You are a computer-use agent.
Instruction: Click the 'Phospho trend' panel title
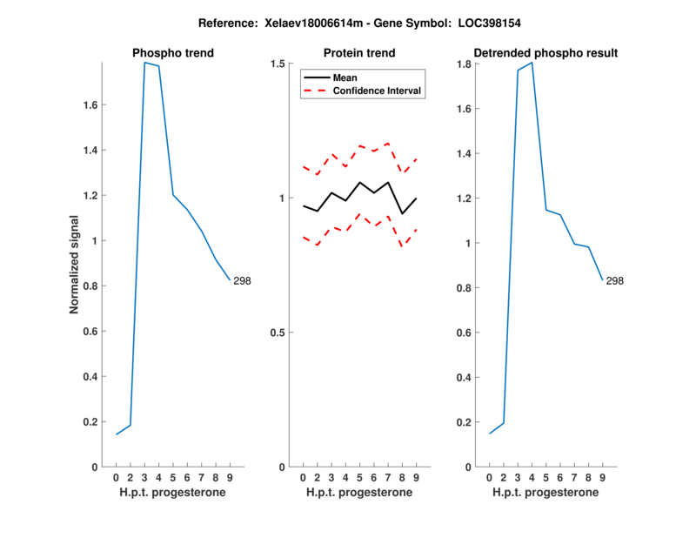coord(173,53)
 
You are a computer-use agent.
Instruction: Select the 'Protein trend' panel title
coord(359,53)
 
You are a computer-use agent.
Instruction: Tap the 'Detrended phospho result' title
coord(545,53)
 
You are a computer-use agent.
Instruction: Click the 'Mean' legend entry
coord(345,77)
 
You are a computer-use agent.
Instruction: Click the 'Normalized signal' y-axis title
coord(75,265)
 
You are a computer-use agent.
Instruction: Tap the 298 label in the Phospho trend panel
coord(242,280)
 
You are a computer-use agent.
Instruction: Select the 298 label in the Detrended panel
coord(614,280)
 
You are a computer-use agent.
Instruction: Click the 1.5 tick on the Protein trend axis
coord(278,64)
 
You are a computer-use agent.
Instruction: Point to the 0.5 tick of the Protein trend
coord(278,333)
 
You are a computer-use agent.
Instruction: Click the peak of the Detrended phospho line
coord(532,63)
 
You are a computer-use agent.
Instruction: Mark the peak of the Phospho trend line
coord(145,63)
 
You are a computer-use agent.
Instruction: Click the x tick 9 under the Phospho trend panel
coord(230,478)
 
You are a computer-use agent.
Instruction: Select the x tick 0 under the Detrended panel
coord(489,478)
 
